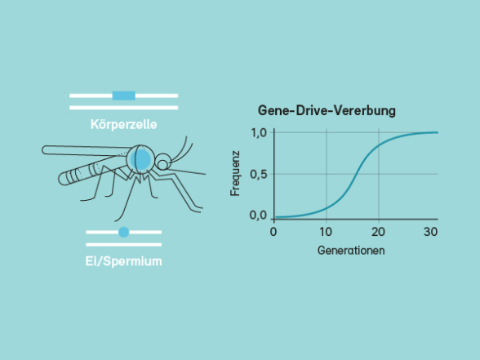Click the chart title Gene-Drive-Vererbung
coord(327,110)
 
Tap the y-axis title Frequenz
coord(235,173)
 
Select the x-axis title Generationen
coord(351,251)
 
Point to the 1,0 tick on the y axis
coord(259,133)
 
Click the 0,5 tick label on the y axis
coord(259,175)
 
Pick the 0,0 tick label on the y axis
coord(259,216)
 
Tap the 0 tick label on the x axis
coord(273,232)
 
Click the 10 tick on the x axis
coord(326,232)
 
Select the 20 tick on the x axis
coord(378,232)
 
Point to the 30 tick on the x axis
coord(430,232)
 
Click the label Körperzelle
coord(124,125)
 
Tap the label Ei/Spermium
coord(124,261)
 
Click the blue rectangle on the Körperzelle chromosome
coord(124,96)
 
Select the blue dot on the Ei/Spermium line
coord(124,232)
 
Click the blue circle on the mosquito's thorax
coord(140,159)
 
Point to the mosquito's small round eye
coord(162,165)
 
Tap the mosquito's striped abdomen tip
coord(66,178)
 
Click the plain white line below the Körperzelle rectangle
coord(124,108)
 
